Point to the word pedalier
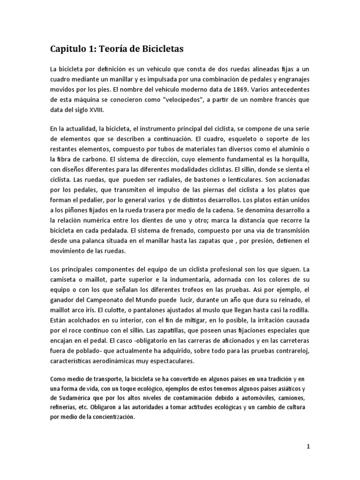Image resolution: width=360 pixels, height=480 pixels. (82, 200)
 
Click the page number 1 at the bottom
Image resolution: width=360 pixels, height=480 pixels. (308, 447)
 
